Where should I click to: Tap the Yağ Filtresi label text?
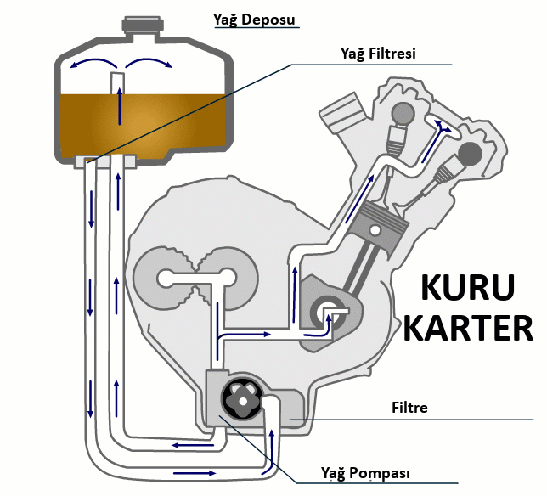378,54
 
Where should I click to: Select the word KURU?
467,290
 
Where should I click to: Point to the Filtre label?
409,408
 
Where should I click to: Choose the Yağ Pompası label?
360,472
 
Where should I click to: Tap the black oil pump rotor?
240,399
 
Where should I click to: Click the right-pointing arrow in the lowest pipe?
189,472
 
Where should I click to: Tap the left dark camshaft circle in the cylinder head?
403,113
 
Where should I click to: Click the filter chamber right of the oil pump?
289,412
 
